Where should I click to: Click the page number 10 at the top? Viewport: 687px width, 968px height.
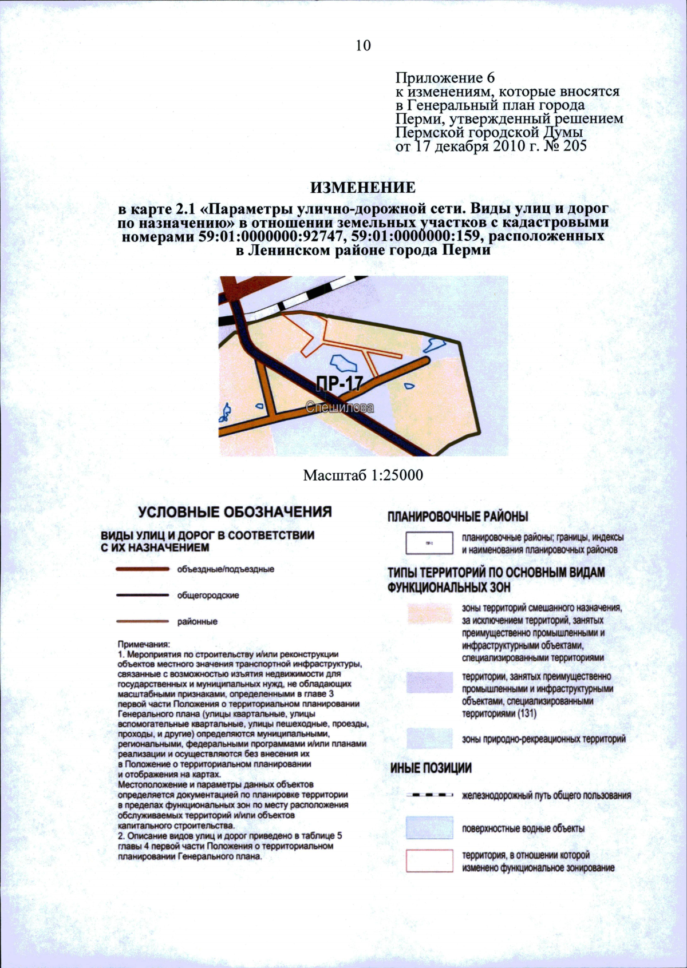[x=363, y=46]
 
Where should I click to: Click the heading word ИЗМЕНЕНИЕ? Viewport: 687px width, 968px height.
[x=363, y=188]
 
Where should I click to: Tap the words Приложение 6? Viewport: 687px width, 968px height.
[x=445, y=78]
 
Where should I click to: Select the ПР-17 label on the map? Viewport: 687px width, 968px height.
[x=340, y=383]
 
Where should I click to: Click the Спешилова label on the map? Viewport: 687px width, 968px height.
[x=339, y=407]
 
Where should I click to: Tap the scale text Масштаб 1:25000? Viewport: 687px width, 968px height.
[x=363, y=475]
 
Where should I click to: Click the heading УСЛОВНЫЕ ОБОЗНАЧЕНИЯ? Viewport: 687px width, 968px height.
[x=235, y=511]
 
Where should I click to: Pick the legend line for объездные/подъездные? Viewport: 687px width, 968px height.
[x=143, y=569]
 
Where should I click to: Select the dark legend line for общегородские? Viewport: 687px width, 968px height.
[x=143, y=595]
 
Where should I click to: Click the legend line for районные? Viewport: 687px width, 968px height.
[x=143, y=621]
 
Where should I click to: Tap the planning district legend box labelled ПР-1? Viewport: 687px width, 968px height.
[x=429, y=543]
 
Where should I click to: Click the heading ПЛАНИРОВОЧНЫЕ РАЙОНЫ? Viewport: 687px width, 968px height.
[x=457, y=517]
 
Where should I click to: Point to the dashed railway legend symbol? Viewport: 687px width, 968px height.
[x=429, y=795]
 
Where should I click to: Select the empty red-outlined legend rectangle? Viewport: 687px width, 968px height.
[x=429, y=861]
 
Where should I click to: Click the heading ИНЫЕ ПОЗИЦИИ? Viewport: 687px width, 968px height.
[x=431, y=768]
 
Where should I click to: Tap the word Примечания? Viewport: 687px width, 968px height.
[x=140, y=644]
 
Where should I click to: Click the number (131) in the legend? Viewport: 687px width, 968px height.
[x=527, y=714]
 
